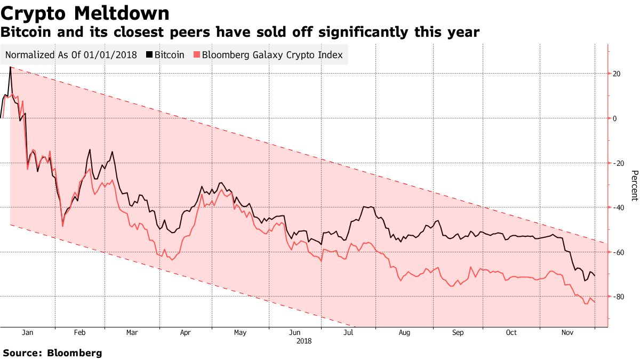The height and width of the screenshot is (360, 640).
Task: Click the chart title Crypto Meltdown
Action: pos(85,13)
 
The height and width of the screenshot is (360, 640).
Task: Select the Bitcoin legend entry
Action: pos(169,55)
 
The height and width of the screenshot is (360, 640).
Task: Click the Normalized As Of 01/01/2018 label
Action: pos(71,55)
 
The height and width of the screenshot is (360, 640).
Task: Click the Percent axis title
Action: pos(634,186)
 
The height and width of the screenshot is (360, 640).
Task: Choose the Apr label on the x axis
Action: pos(186,333)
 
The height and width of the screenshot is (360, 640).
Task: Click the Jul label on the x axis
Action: pos(348,333)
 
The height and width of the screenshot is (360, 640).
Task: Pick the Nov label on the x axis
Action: pos(567,333)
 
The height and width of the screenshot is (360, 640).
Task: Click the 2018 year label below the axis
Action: pos(304,340)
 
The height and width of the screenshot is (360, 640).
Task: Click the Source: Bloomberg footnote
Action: pos(52,353)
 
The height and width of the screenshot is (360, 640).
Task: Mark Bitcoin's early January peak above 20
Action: pos(11,68)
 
